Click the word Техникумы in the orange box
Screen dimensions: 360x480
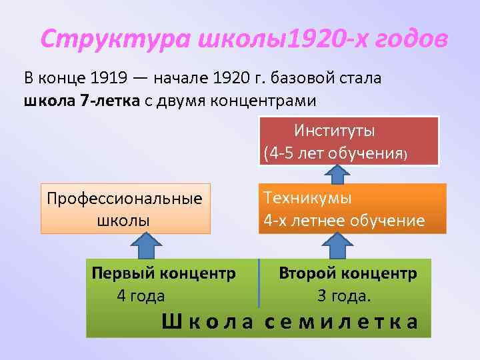click(307, 198)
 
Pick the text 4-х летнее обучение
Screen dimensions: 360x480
click(344, 220)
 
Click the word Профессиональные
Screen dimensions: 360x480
click(125, 199)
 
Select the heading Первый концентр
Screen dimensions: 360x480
click(163, 273)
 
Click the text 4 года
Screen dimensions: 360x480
click(141, 295)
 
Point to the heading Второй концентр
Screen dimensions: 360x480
click(348, 273)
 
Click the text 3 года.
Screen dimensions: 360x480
click(344, 295)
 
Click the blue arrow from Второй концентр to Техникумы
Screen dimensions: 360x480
click(339, 245)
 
